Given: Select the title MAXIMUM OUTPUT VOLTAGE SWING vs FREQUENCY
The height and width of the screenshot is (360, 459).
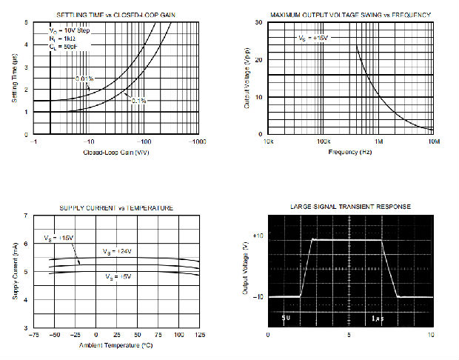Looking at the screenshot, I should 350,15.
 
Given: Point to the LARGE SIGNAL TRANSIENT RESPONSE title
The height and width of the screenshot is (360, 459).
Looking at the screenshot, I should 349,206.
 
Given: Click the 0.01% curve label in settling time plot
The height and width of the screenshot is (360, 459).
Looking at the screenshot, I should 84,79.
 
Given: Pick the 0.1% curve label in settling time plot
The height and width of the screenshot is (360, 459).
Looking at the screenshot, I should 138,100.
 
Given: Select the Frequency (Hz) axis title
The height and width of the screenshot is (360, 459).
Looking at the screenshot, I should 350,151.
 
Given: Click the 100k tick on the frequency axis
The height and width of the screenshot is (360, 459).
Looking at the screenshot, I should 322,141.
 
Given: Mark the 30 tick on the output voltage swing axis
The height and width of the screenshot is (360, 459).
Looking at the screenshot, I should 259,22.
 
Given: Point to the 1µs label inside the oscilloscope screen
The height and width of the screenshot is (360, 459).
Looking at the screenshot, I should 377,318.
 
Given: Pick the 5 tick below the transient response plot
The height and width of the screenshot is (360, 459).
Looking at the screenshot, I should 349,335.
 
